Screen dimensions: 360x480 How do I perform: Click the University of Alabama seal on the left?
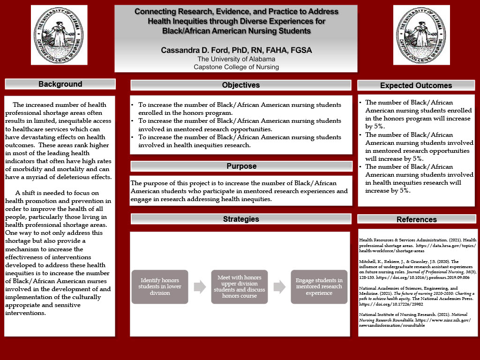pyautogui.click(x=60, y=35)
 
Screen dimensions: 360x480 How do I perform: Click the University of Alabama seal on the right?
pyautogui.click(x=421, y=35)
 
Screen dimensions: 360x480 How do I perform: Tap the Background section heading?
pyautogui.click(x=60, y=84)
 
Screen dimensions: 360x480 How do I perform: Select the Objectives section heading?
pyautogui.click(x=240, y=85)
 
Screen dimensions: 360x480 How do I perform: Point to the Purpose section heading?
pyautogui.click(x=241, y=166)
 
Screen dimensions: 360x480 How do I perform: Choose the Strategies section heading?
pyautogui.click(x=240, y=219)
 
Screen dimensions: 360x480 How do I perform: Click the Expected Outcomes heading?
pyautogui.click(x=416, y=85)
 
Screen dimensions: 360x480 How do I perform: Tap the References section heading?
pyautogui.click(x=416, y=219)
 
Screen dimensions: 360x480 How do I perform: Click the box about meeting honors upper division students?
pyautogui.click(x=239, y=286)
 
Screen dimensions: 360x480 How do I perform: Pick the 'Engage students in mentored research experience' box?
pyautogui.click(x=319, y=286)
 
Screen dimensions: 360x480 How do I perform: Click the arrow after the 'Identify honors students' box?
pyautogui.click(x=200, y=286)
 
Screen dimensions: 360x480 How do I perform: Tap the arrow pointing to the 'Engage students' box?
pyautogui.click(x=279, y=286)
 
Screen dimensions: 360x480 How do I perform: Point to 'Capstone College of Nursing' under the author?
pyautogui.click(x=236, y=67)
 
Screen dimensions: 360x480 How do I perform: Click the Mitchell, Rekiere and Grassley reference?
pyautogui.click(x=414, y=269)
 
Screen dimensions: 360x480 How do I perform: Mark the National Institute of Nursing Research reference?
pyautogui.click(x=414, y=318)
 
